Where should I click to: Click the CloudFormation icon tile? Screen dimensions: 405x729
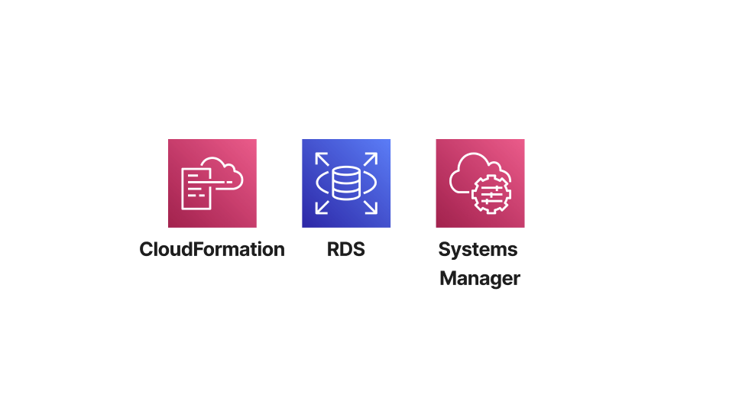[x=212, y=183]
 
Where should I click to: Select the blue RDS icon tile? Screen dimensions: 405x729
[x=345, y=183]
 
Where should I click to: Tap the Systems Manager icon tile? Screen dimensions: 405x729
[x=480, y=183]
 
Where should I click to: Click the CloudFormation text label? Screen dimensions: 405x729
[x=212, y=249]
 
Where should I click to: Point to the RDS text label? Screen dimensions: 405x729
[x=345, y=249]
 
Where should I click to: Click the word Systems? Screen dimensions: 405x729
[x=478, y=250]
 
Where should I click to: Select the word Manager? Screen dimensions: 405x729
[x=480, y=278]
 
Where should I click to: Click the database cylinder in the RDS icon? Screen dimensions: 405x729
[x=346, y=183]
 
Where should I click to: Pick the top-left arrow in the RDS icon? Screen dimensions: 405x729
[x=322, y=159]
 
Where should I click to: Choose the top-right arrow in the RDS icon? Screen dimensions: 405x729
[x=371, y=159]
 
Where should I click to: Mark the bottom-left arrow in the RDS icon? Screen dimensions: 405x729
[x=322, y=208]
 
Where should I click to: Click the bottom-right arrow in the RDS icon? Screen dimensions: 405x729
[x=371, y=208]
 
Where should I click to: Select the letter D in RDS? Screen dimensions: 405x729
[x=345, y=249]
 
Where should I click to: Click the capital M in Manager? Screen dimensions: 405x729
[x=449, y=278]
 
